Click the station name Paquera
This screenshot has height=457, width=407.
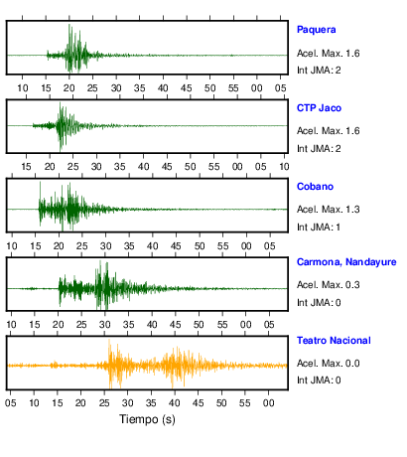[x=317, y=30]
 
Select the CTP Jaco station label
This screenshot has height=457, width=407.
[x=319, y=108]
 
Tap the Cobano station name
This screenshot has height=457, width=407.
[x=315, y=187]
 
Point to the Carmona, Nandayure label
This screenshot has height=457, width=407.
[x=346, y=262]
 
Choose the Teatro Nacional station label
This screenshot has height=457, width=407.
[x=334, y=341]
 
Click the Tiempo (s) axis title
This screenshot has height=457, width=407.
[x=147, y=419]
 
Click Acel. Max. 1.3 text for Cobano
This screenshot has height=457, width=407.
[x=329, y=210]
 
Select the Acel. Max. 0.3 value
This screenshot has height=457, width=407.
[x=329, y=285]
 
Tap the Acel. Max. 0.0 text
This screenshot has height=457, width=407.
[x=329, y=364]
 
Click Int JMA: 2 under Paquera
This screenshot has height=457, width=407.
[x=319, y=71]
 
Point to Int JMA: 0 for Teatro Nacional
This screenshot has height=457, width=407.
[x=319, y=380]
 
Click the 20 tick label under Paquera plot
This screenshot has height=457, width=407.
[x=69, y=88]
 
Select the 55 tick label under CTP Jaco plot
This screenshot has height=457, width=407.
[x=213, y=167]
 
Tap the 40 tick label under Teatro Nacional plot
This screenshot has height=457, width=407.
[x=175, y=403]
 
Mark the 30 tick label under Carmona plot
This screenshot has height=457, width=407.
[x=105, y=325]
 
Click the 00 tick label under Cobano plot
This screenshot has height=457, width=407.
[x=246, y=246]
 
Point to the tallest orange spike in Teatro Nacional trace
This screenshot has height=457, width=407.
[x=109, y=341]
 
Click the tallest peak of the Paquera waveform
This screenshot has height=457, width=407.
[x=69, y=25]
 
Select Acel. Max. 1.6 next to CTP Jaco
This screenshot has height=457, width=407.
[x=329, y=131]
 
